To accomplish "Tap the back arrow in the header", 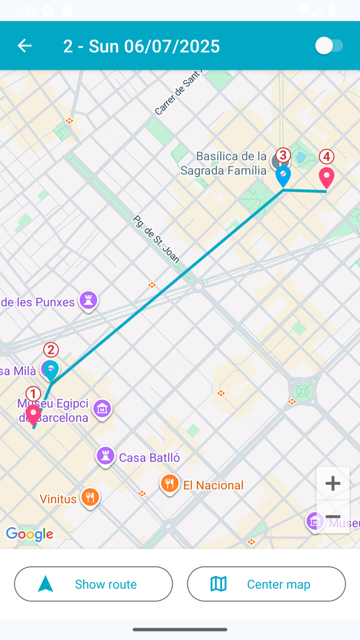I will pyautogui.click(x=25, y=46).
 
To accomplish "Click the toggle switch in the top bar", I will pyautogui.click(x=329, y=46).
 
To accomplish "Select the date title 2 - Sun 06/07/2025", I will pyautogui.click(x=141, y=46).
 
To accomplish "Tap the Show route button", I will pyautogui.click(x=93, y=584).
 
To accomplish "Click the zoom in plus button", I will pyautogui.click(x=332, y=483).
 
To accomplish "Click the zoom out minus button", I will pyautogui.click(x=332, y=517).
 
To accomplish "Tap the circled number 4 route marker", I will pyautogui.click(x=326, y=157).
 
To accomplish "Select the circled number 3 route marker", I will pyautogui.click(x=282, y=155).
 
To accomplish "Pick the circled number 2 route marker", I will pyautogui.click(x=51, y=350).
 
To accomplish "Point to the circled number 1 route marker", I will pyautogui.click(x=33, y=394).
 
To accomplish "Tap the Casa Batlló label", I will pyautogui.click(x=149, y=458).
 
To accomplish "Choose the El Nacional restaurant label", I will pyautogui.click(x=213, y=485).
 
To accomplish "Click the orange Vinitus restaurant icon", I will pyautogui.click(x=90, y=497).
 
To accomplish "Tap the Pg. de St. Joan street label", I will pyautogui.click(x=156, y=239).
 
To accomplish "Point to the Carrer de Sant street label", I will pyautogui.click(x=179, y=93).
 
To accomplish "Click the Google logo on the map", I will pyautogui.click(x=29, y=534).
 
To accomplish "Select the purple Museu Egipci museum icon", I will pyautogui.click(x=102, y=408).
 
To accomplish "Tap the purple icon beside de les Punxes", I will pyautogui.click(x=88, y=300).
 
